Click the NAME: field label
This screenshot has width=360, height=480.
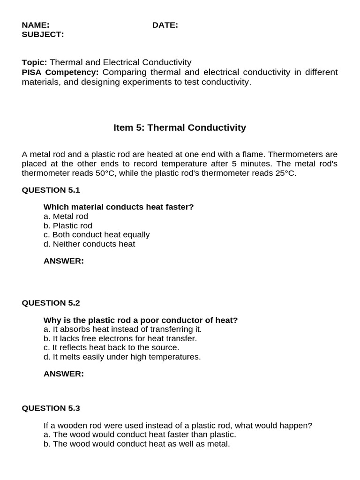(36, 25)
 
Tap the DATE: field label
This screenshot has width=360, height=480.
(165, 25)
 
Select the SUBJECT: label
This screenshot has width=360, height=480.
(43, 34)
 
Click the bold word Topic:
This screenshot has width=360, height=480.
(35, 62)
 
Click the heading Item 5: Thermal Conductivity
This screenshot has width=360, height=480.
(180, 127)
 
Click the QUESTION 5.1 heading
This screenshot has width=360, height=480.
(51, 190)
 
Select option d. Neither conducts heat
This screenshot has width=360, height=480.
(89, 244)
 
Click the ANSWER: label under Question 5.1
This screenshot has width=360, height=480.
(63, 261)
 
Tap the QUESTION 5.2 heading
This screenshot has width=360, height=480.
(51, 303)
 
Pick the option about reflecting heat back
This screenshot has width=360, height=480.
(111, 348)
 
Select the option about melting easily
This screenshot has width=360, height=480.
(122, 357)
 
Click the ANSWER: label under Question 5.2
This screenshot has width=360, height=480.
(63, 374)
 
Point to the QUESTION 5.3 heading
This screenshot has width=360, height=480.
(51, 408)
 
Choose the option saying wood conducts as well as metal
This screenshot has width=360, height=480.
(136, 444)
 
